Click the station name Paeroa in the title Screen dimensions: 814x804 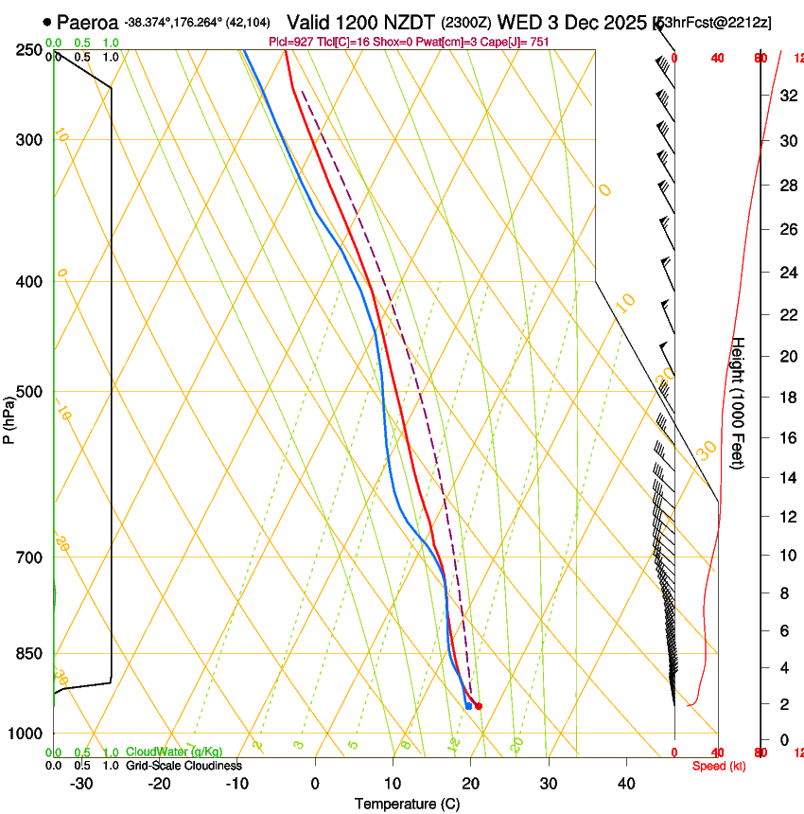coord(88,22)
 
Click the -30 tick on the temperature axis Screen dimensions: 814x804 coord(81,784)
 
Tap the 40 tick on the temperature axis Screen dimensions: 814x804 coord(625,784)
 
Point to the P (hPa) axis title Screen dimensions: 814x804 coord(9,417)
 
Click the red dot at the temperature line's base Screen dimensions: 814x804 coord(479,706)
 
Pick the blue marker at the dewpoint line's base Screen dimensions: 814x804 coord(468,706)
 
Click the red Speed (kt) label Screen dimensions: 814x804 coord(719,766)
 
